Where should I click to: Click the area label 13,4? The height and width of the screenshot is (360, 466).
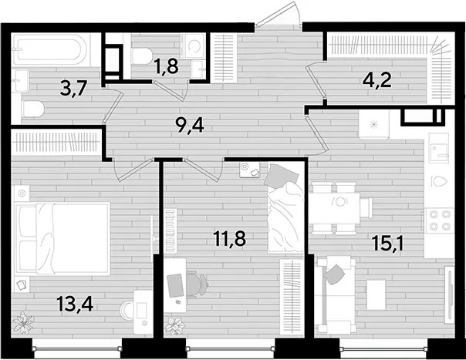click(75, 304)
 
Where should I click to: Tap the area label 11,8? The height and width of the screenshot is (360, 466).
click(230, 239)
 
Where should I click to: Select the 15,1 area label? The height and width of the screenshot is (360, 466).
click(388, 244)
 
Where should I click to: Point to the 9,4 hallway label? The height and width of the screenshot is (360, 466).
click(190, 126)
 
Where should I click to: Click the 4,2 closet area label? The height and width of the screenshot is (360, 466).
click(377, 80)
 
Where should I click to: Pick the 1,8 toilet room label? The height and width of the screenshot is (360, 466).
click(166, 66)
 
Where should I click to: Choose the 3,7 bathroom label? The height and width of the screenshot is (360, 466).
click(73, 88)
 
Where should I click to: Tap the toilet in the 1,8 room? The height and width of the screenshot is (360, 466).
click(142, 56)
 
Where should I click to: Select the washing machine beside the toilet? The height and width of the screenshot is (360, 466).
click(194, 46)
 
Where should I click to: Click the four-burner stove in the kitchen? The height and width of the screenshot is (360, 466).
click(439, 220)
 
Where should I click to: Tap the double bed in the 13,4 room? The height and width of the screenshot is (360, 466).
click(62, 237)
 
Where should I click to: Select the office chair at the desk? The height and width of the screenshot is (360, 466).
click(198, 284)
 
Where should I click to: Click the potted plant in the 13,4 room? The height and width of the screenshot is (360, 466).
click(23, 323)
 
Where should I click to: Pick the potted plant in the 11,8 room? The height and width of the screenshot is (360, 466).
click(175, 326)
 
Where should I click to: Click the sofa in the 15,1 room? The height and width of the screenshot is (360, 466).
click(336, 295)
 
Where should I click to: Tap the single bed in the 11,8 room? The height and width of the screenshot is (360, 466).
click(285, 207)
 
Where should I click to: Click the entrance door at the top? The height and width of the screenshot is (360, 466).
click(279, 14)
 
